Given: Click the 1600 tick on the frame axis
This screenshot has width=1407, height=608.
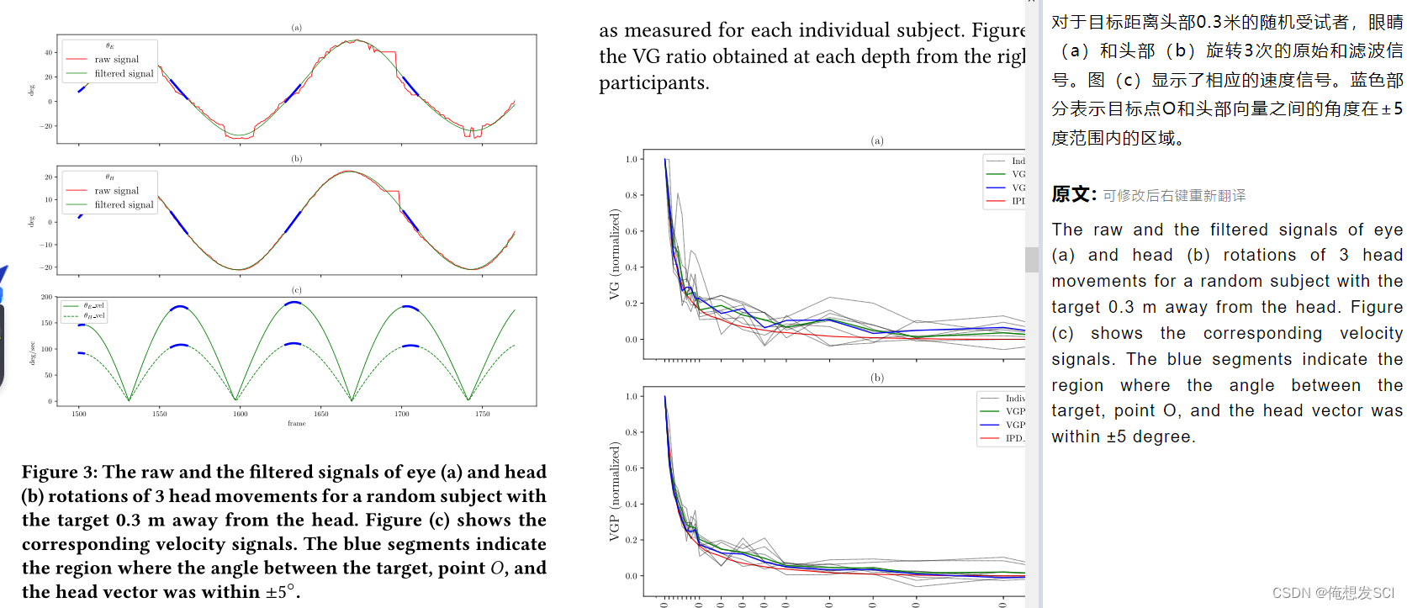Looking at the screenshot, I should pos(241,414).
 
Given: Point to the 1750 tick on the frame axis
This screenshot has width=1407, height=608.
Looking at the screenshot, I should pos(482,414).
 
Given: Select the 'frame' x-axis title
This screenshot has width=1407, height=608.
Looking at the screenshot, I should pos(296,424).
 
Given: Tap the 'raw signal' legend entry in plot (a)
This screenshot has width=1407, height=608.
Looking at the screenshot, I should pos(116,60).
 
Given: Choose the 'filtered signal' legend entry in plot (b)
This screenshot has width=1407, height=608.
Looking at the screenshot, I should pos(124,204).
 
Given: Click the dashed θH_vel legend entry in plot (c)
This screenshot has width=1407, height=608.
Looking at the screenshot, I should pos(93,316).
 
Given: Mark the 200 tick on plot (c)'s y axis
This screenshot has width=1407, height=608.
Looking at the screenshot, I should pos(46,297).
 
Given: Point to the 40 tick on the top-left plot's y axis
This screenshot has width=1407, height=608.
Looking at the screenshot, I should pos(48,52).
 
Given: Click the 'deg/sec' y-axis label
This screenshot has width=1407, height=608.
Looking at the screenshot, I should pos(32,352).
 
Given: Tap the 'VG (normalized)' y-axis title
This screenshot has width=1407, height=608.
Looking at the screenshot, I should pos(615,255).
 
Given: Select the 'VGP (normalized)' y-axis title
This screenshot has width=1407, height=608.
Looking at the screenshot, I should pos(615,492).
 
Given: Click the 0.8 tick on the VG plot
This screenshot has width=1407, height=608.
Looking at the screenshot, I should pos(632,195).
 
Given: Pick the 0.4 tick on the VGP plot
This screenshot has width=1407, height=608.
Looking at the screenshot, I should pos(632,504).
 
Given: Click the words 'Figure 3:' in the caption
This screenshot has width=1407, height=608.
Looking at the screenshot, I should pos(59,472).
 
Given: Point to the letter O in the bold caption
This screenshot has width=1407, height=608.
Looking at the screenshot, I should pos(498,568).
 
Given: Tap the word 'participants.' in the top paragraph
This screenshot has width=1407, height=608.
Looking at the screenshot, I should pos(653,83).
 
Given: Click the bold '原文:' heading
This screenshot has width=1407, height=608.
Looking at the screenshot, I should pos(1074,195).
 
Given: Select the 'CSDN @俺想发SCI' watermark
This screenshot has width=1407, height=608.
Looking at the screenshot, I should pos(1333,593).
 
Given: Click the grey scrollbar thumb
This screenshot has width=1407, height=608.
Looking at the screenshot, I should pos(1032,259).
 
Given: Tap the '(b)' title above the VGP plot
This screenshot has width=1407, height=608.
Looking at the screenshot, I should pos(877,378).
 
